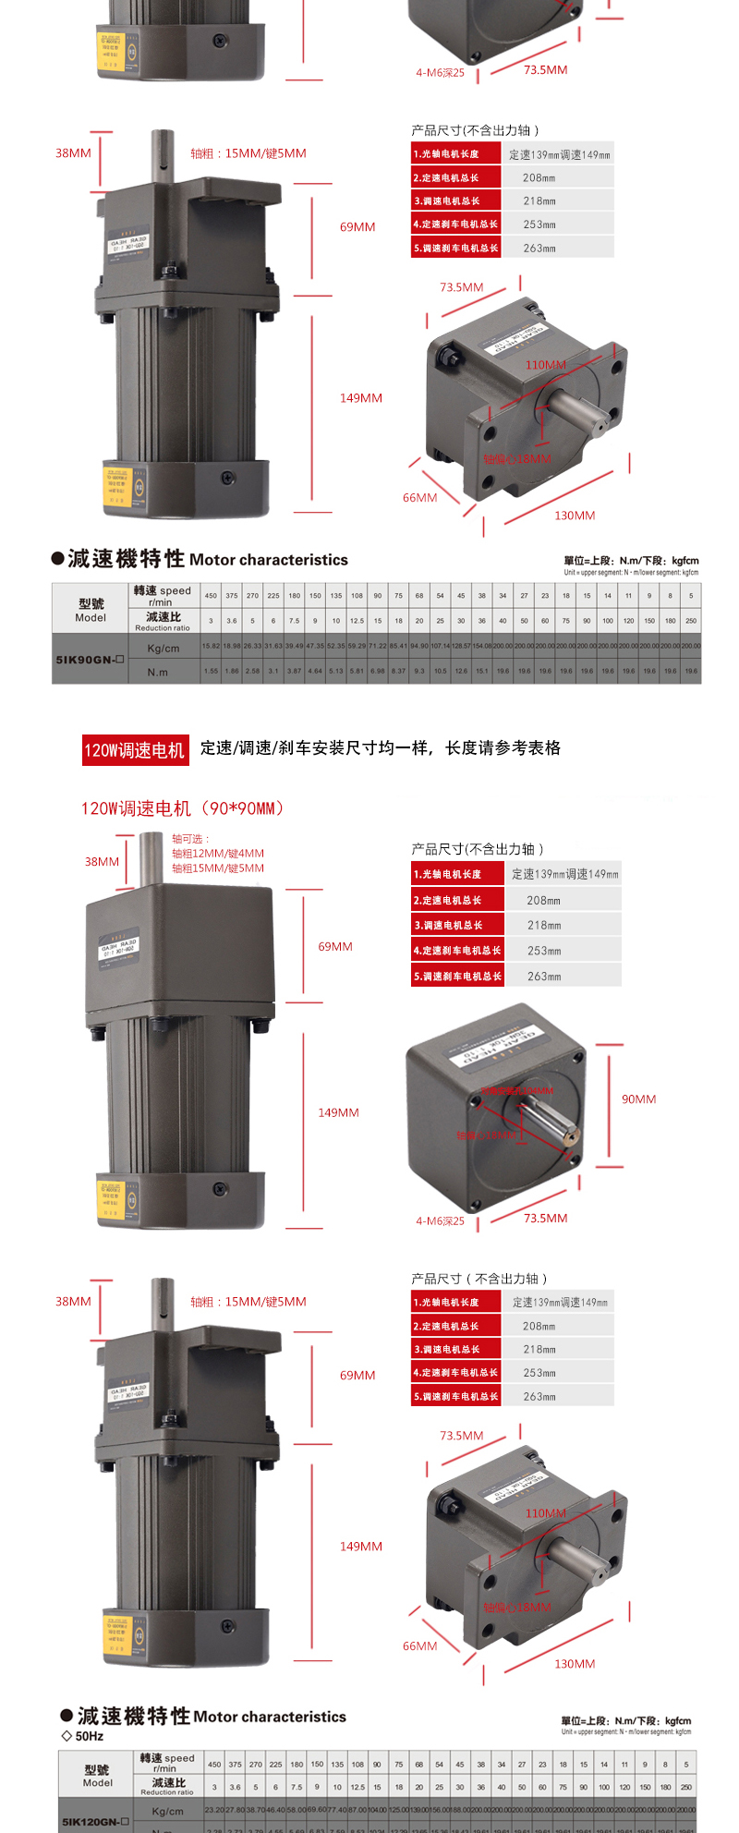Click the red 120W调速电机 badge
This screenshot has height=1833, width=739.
[135, 749]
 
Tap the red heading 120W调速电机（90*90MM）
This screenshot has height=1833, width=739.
[183, 808]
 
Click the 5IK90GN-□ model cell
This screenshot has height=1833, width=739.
[89, 660]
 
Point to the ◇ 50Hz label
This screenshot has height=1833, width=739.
[82, 1736]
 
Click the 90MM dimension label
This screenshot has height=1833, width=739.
[638, 1099]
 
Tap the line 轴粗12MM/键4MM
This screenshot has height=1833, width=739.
[217, 854]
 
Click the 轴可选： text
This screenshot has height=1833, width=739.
[191, 839]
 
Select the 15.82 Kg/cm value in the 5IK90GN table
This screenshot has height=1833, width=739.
[211, 647]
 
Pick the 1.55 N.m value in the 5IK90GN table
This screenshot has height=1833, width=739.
[211, 672]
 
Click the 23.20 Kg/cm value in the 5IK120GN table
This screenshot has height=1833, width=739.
[213, 1810]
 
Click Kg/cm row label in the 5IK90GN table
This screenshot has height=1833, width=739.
[164, 648]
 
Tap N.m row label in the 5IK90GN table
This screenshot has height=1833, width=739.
[158, 673]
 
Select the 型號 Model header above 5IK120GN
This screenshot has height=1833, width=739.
[97, 1776]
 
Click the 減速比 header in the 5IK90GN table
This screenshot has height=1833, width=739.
[163, 620]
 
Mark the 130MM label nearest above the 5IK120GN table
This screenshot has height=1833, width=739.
[575, 1664]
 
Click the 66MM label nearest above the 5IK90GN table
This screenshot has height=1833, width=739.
[419, 498]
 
